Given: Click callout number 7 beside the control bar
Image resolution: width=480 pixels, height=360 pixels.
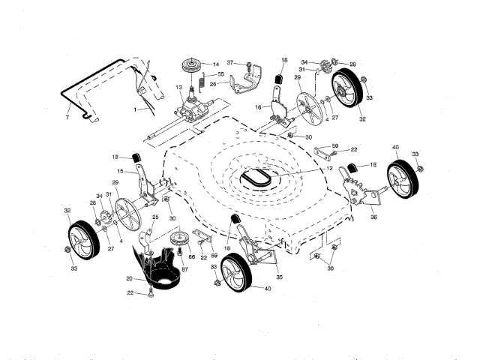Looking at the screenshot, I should (x=67, y=118).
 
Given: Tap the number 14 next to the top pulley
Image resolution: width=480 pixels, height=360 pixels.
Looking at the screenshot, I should (x=216, y=64).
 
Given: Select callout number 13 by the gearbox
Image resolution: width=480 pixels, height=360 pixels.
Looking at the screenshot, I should (x=180, y=88).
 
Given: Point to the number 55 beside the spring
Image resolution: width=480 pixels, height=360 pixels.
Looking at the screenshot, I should (x=220, y=76).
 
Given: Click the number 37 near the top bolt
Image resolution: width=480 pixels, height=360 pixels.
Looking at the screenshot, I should (x=231, y=62).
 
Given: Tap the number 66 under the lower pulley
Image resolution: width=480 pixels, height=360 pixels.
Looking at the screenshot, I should (x=191, y=256).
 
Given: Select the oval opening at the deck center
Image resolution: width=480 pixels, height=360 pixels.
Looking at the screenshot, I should (x=256, y=178).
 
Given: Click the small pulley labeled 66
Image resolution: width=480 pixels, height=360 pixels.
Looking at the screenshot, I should (x=181, y=241).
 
